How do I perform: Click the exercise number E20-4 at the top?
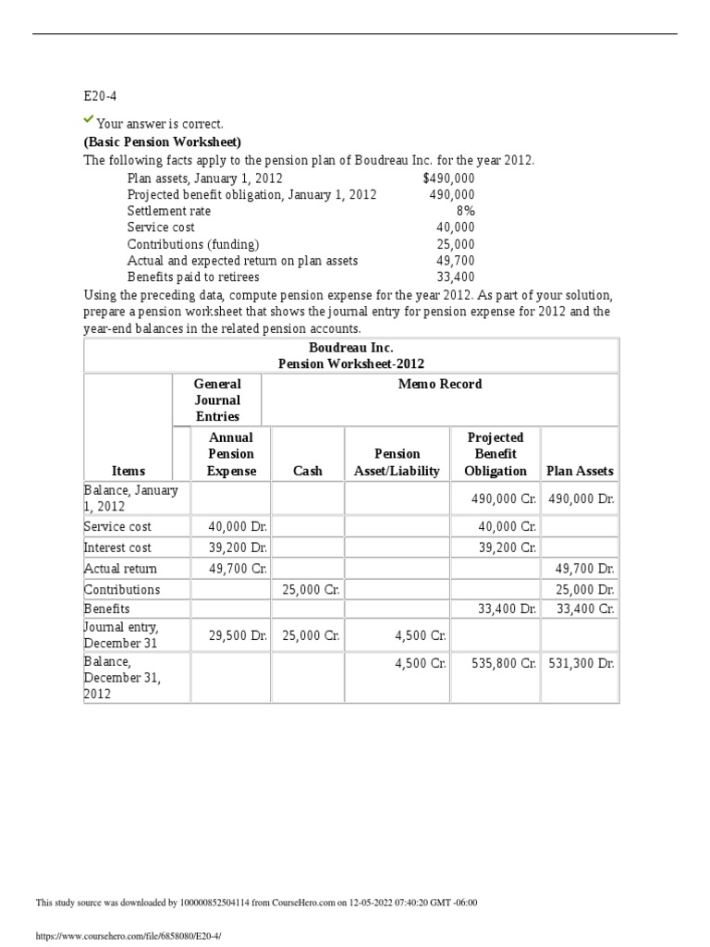100,95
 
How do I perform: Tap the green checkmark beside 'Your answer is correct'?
89,120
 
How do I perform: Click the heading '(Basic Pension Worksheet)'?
163,141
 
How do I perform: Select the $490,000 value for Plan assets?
448,178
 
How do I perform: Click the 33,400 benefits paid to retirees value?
455,277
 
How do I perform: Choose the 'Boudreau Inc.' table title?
350,348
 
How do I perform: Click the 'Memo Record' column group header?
440,384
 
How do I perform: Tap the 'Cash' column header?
307,471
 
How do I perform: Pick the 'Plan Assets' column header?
580,471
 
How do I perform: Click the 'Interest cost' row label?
117,547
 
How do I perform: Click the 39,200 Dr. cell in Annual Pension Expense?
239,547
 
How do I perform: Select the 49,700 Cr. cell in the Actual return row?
239,569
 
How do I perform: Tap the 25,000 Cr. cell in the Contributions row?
311,589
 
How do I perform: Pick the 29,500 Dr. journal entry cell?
239,636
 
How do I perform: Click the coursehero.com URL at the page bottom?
129,936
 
